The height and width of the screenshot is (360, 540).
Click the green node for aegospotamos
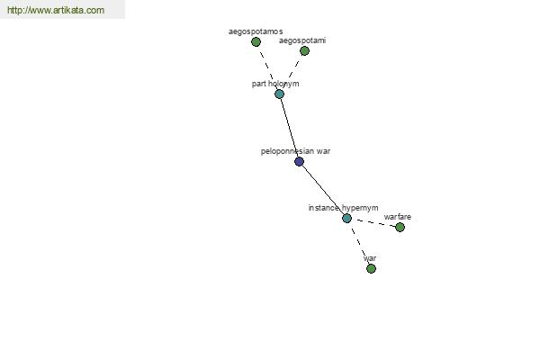point(256,42)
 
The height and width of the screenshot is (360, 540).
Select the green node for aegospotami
point(304,51)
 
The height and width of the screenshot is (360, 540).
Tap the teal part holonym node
point(279,94)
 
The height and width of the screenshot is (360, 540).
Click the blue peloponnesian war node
point(300,162)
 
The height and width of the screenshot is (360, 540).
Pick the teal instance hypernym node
point(346,218)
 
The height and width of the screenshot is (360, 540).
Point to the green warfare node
point(400,227)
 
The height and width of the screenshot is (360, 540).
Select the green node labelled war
point(371,268)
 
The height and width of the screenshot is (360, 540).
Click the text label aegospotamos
point(256,31)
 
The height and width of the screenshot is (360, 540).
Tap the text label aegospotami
point(302,40)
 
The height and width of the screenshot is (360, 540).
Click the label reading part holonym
point(275,84)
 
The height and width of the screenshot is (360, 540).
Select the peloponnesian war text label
point(295,151)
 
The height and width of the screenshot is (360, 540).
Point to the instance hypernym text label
point(343,208)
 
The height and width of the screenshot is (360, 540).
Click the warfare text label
point(398,217)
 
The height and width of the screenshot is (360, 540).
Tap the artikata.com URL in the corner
point(56,10)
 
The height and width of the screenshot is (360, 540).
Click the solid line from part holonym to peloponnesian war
point(289,128)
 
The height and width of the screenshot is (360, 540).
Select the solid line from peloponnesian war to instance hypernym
point(323,190)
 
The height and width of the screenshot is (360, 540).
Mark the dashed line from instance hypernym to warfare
point(373,222)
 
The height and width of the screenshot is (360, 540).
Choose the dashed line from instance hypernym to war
point(359,243)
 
